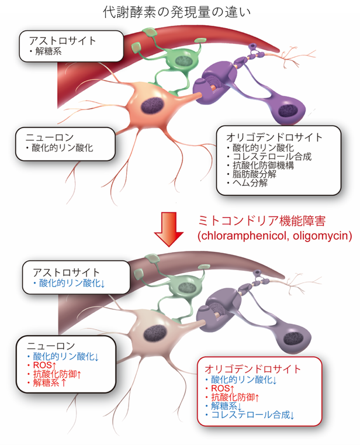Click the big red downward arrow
pyautogui.click(x=169, y=229)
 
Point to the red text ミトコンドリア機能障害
pyautogui.click(x=261, y=221)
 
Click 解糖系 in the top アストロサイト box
pyautogui.click(x=49, y=51)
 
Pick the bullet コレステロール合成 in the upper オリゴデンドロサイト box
pyautogui.click(x=272, y=156)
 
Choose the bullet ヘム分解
pyautogui.click(x=250, y=183)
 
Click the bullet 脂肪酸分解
pyautogui.click(x=254, y=174)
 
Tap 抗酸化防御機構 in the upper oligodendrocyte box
pyautogui.click(x=263, y=165)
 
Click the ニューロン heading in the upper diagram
pyautogui.click(x=50, y=137)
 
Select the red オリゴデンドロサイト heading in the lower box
pyautogui.click(x=252, y=369)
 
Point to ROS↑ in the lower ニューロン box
pyautogui.click(x=44, y=365)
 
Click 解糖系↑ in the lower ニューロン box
pyautogui.click(x=50, y=382)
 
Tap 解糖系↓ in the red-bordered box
pyautogui.click(x=226, y=406)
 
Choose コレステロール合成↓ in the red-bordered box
pyautogui.click(x=253, y=415)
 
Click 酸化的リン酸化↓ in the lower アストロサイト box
pyautogui.click(x=72, y=283)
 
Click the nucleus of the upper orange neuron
pyautogui.click(x=153, y=105)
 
